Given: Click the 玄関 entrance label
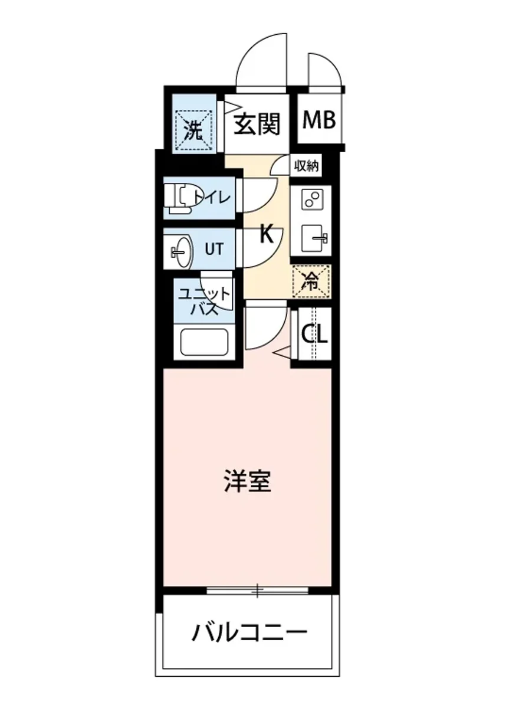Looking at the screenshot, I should coord(257,124).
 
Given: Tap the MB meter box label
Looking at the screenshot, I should coord(319,120).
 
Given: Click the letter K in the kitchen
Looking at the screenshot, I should coord(267,235).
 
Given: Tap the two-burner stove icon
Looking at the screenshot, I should coord(311,199).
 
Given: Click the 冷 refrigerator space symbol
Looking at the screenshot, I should coord(311,282).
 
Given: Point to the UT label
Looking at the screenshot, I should coord(213,249).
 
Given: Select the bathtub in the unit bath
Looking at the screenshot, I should coord(204,342).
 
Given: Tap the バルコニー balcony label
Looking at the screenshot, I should coord(249,634).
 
